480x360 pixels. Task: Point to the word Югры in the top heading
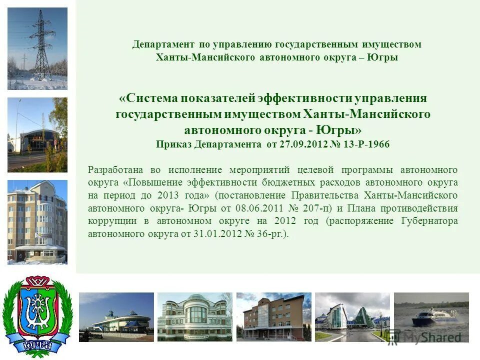382,57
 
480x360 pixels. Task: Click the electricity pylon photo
37,48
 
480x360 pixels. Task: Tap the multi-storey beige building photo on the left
37,222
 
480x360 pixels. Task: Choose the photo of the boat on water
431,317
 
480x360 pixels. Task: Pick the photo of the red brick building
273,317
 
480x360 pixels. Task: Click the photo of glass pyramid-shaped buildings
352,317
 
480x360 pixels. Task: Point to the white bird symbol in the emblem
37,310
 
